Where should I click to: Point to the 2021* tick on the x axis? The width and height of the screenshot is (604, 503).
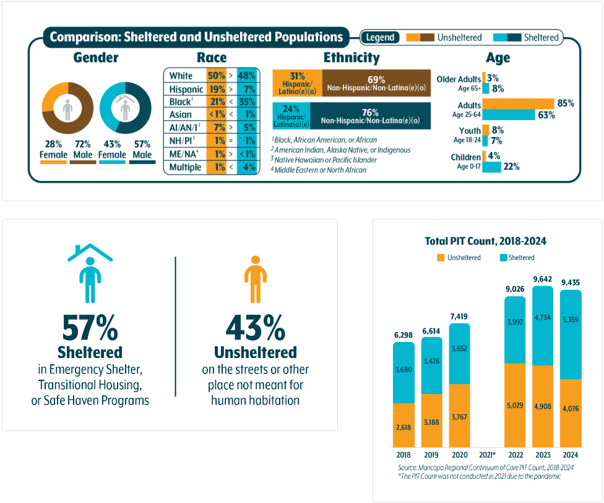click(487, 455)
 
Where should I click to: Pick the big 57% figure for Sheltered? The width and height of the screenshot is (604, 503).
click(90, 328)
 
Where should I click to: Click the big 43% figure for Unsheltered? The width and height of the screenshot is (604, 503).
click(255, 328)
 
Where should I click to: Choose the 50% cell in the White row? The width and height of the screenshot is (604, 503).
click(216, 76)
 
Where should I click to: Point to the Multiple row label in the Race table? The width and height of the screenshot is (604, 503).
click(185, 167)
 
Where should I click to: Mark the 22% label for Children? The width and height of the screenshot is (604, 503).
click(511, 167)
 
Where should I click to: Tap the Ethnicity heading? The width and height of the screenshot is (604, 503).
click(351, 58)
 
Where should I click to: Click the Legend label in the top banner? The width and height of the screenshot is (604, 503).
click(380, 38)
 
